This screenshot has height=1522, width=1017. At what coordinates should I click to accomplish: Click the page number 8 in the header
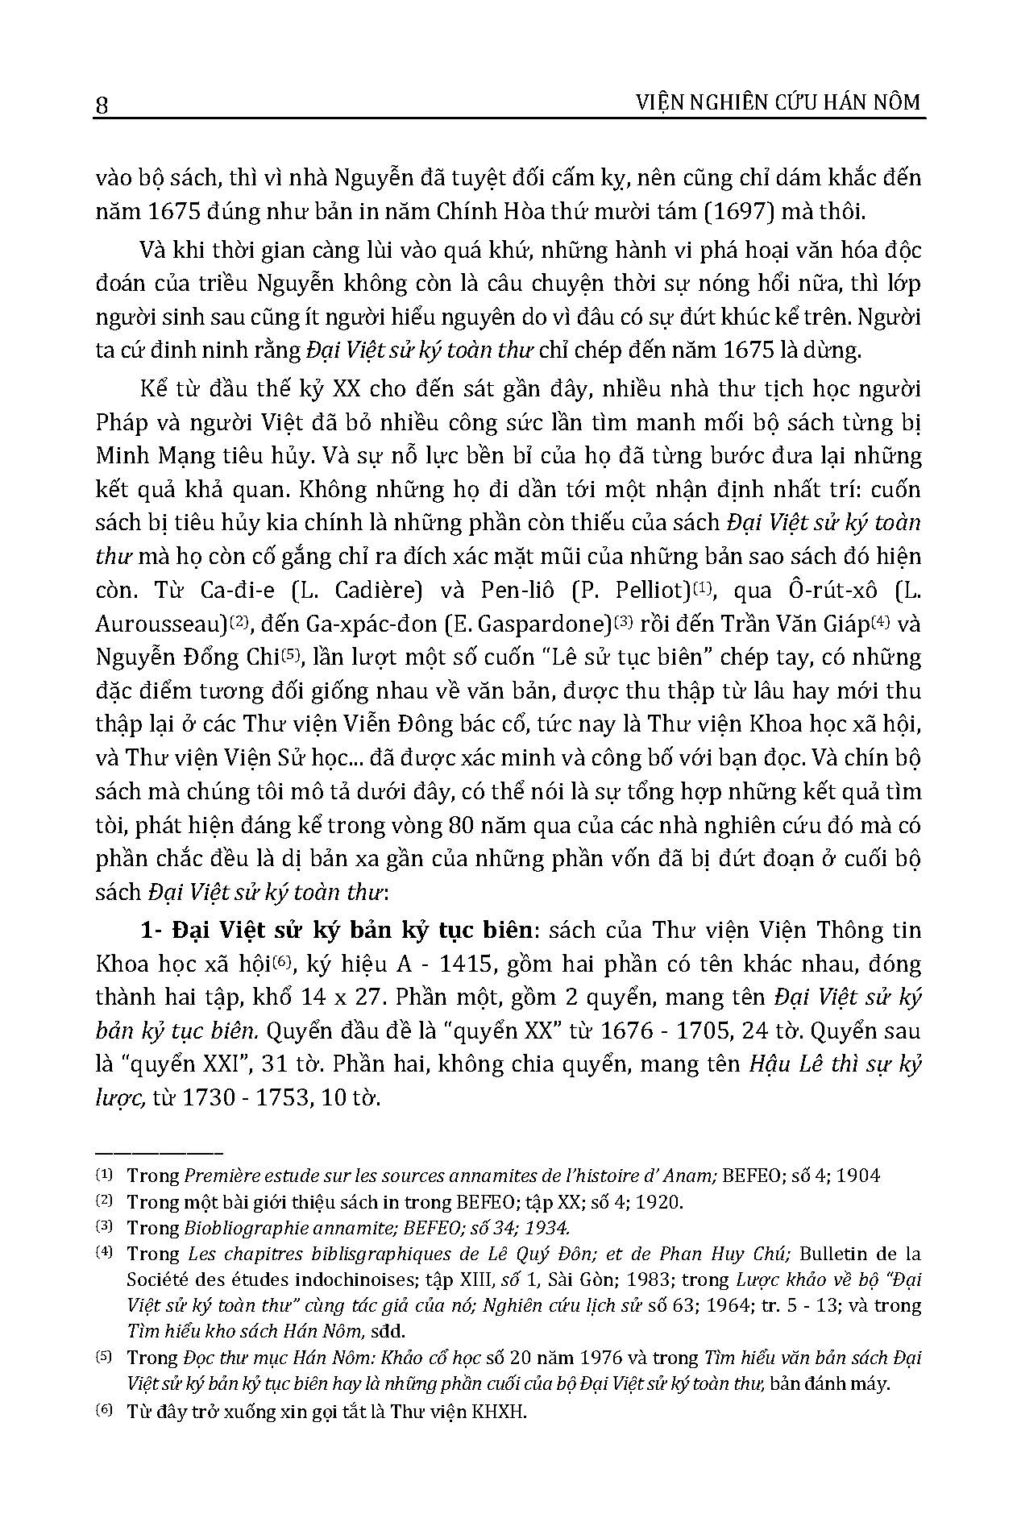[102, 106]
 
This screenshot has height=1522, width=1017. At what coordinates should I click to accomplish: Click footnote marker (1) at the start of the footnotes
[105, 1174]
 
